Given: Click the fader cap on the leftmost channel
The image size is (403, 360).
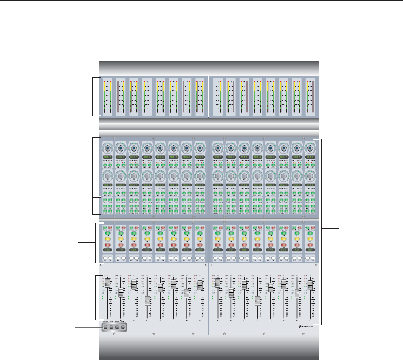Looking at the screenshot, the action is point(107,283).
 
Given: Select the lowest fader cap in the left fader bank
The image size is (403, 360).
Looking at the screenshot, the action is point(147,301).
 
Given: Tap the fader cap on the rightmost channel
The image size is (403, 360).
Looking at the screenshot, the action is point(311,285).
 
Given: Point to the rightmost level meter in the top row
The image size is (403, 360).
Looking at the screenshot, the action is point(311,97).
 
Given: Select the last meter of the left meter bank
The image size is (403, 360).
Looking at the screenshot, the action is point(200,97).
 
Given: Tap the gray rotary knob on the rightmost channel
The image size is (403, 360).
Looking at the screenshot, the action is point(311,176).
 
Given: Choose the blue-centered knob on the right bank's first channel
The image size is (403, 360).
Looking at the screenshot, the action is point(218,147).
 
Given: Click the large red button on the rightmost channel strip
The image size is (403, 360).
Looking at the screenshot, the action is point(311,244).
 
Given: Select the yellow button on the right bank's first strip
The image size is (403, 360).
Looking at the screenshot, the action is point(218,239).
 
